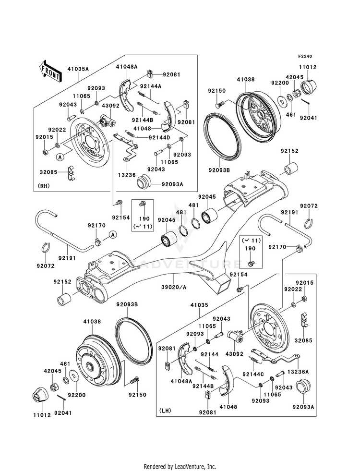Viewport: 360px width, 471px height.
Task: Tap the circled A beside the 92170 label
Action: (x=112, y=234)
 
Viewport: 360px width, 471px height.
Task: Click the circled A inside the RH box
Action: (x=60, y=157)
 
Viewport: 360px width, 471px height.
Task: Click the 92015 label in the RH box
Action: (x=44, y=137)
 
